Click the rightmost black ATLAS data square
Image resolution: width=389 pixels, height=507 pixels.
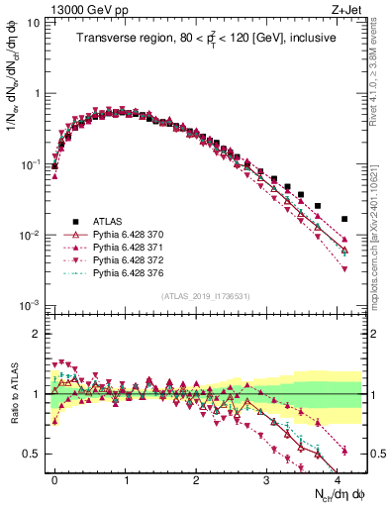coord(344,219)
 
